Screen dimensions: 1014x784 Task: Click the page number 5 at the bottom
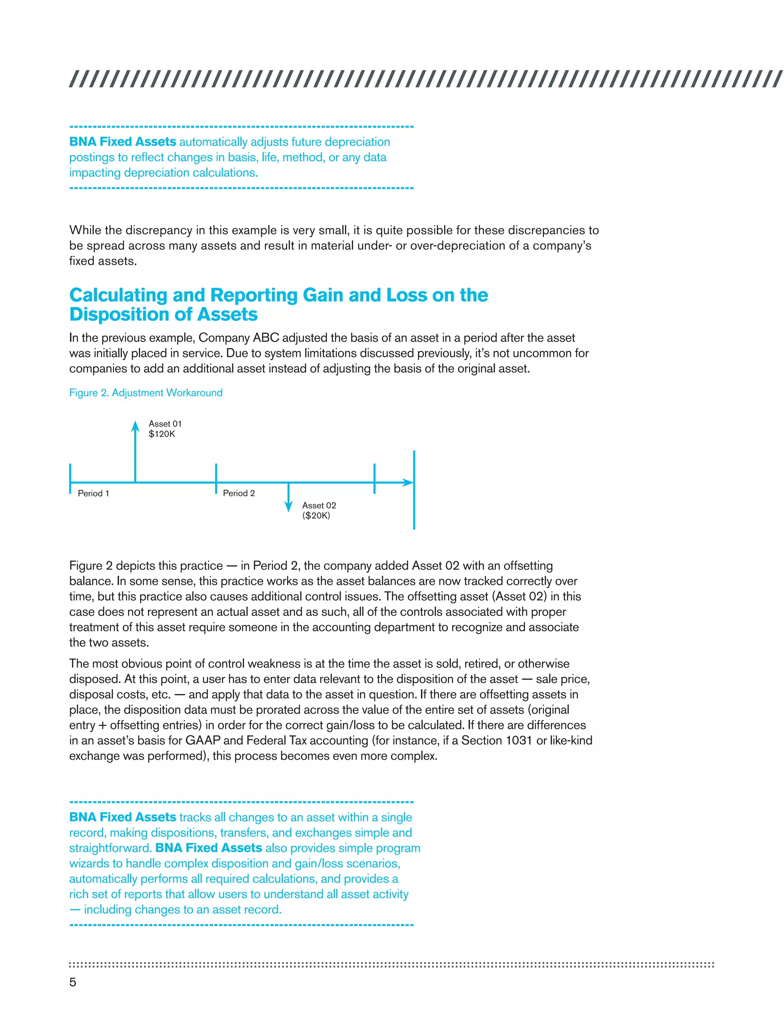(72, 982)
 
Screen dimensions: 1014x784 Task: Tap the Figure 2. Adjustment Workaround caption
(146, 393)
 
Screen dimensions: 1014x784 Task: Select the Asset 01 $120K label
(165, 429)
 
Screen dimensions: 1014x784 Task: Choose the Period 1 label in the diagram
(93, 493)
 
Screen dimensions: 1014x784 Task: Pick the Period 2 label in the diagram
(239, 493)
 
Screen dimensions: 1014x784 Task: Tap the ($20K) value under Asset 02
(316, 515)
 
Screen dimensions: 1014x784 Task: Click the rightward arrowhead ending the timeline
(408, 483)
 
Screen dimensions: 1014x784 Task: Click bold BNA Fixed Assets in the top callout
(122, 142)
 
